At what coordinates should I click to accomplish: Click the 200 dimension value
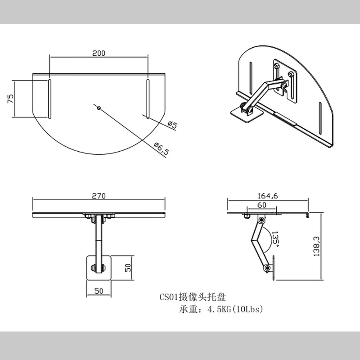[x=99, y=53]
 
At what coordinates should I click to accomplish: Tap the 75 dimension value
[x=10, y=99]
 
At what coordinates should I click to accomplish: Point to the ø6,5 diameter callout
[x=161, y=148]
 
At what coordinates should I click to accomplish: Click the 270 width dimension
[x=99, y=196]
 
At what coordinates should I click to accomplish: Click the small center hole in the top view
[x=98, y=108]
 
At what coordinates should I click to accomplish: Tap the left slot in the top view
[x=49, y=99]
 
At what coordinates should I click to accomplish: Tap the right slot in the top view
[x=147, y=99]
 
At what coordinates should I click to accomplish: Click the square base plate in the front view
[x=98, y=268]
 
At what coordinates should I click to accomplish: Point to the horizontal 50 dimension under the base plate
[x=99, y=291]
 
